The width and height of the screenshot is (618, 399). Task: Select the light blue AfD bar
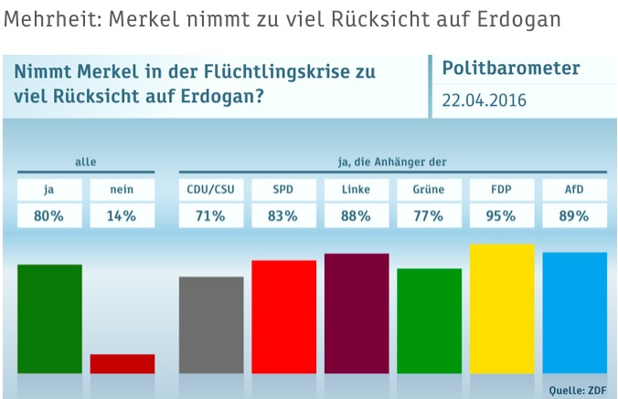click(574, 312)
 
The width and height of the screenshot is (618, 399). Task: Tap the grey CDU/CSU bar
click(211, 325)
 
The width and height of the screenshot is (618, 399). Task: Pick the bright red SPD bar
click(283, 317)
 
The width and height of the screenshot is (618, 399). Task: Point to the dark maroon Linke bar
click(357, 313)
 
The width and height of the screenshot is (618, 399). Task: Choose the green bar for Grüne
click(429, 320)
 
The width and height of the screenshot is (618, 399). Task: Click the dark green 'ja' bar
click(49, 319)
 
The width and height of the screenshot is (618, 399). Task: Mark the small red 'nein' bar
click(122, 363)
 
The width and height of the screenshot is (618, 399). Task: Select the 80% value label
click(49, 216)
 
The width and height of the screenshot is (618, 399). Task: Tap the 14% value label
click(122, 216)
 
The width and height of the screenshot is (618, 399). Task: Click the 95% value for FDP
click(502, 216)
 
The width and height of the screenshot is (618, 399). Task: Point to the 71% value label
click(211, 216)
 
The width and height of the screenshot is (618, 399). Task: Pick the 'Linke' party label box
click(357, 190)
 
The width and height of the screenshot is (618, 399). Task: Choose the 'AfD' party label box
click(574, 190)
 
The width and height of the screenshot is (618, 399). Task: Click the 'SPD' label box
click(283, 190)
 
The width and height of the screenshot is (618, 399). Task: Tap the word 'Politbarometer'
click(510, 69)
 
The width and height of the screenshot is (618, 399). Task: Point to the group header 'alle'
click(85, 163)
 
